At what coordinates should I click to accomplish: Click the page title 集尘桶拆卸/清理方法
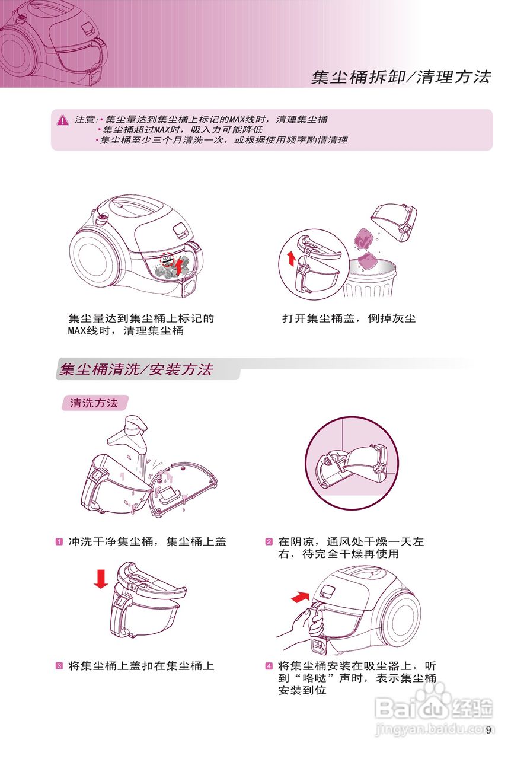point(401,77)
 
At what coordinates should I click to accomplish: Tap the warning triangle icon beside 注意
point(63,120)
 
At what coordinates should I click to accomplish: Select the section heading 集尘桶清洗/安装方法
point(136,369)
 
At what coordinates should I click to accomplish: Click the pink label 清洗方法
point(94,403)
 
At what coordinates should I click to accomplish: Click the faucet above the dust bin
point(129,433)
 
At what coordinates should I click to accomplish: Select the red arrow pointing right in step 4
point(301,596)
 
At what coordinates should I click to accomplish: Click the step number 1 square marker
point(60,542)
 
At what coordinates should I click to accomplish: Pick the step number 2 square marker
point(269,542)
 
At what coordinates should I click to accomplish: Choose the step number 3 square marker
point(60,666)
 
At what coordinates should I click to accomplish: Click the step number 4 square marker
point(269,666)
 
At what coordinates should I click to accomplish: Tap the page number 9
point(488,730)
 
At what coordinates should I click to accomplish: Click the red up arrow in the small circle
point(290,258)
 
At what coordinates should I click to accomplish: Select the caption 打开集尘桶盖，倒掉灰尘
point(349,318)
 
